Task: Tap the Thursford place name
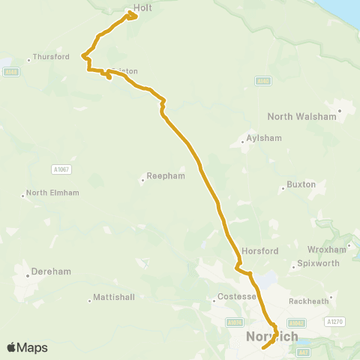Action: [x=52, y=57]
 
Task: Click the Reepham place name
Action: [x=160, y=178]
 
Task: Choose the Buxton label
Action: [x=301, y=184]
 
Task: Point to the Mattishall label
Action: [x=114, y=297]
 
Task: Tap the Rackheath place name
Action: [x=309, y=301]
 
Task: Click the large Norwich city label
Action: [x=271, y=337]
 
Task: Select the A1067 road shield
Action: [x=61, y=170]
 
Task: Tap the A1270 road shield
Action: [x=334, y=321]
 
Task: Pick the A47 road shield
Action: [x=303, y=351]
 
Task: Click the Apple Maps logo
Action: [x=27, y=347]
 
